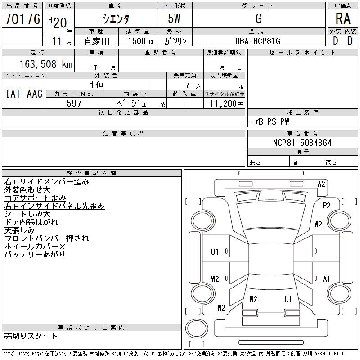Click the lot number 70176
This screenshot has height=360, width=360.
[22, 19]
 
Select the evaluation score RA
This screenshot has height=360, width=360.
[343, 18]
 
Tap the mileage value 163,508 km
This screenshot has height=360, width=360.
[46, 64]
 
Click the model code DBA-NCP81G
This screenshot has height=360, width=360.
[257, 41]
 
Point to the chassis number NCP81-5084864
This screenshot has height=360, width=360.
[302, 143]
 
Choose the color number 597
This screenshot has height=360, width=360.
[74, 103]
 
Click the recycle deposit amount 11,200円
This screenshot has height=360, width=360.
[227, 104]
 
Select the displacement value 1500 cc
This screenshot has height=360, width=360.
[141, 41]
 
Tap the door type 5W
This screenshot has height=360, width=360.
[174, 18]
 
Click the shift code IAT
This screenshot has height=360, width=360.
[13, 94]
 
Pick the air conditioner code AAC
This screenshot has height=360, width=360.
[35, 94]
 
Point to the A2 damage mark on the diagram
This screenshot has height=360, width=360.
[321, 184]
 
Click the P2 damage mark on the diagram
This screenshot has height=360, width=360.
[327, 206]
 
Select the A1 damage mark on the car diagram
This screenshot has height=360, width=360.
[326, 279]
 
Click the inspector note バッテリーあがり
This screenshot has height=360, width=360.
[35, 254]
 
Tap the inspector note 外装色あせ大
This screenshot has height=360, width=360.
[27, 190]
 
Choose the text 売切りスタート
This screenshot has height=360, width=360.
[31, 336]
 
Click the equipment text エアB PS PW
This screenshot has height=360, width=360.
[269, 121]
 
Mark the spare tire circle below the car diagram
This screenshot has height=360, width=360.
[197, 328]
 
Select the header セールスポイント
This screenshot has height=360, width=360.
[302, 53]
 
